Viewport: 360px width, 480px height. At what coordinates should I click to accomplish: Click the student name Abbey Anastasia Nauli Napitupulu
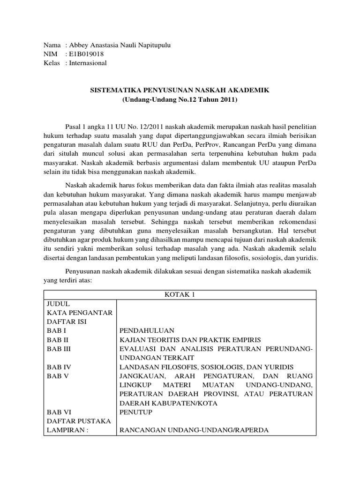[120, 45]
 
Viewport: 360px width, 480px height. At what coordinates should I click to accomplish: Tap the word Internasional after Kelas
[88, 63]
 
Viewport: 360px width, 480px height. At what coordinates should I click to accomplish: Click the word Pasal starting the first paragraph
[74, 127]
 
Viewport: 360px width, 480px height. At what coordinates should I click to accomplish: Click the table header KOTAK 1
[180, 294]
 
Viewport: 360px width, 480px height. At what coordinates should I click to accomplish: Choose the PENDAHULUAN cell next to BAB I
[147, 330]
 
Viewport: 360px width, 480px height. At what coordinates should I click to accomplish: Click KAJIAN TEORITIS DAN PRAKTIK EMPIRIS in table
[190, 339]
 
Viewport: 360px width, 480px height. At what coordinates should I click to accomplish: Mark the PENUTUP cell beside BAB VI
[136, 412]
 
